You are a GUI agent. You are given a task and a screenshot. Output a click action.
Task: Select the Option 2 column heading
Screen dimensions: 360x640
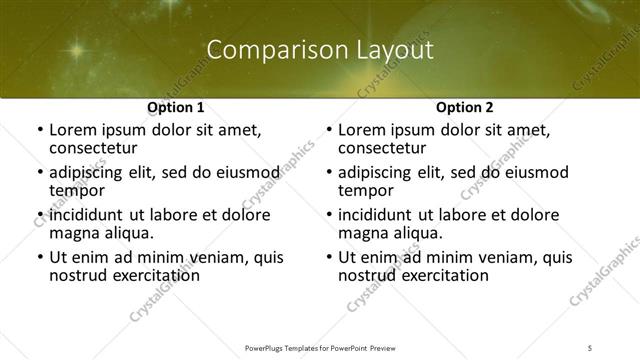click(x=465, y=107)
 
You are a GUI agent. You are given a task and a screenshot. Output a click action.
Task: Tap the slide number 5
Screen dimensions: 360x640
click(x=590, y=348)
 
